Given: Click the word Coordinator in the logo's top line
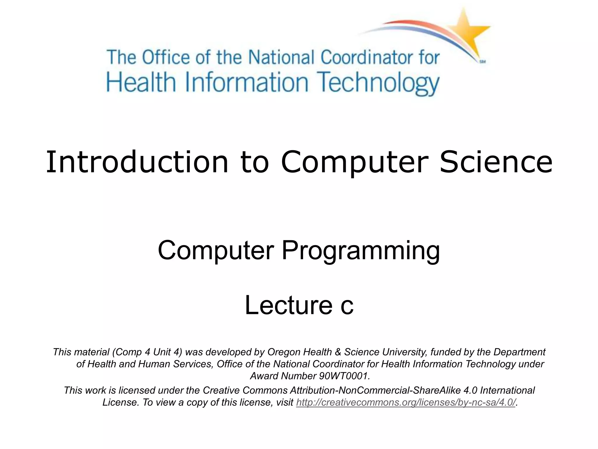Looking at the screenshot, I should (367, 57).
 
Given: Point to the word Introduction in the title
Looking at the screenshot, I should (137, 162).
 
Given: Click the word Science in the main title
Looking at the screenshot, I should (496, 162).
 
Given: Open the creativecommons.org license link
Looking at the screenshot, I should (406, 403).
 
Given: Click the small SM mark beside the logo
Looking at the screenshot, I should (482, 62).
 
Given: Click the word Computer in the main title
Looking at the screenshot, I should (354, 162).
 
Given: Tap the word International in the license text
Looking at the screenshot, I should (507, 391).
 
